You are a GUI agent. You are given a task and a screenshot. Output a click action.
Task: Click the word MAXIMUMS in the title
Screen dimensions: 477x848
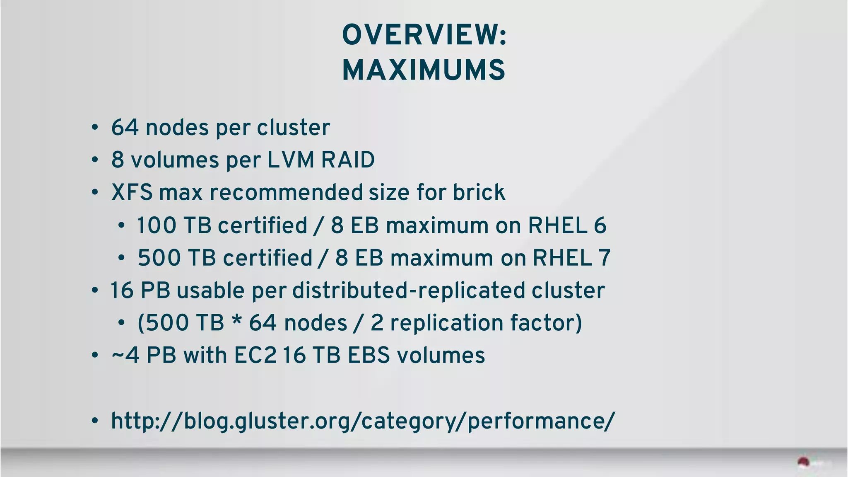[x=424, y=70]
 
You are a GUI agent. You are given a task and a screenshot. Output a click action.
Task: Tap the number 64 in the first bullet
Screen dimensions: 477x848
[x=125, y=127]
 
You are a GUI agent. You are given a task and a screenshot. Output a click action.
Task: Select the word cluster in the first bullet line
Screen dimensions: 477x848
[x=293, y=127]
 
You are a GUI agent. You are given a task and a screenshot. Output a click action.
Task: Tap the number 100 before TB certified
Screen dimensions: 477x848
[x=156, y=225]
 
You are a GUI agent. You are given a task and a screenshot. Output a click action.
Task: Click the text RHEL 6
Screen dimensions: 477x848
[x=567, y=225]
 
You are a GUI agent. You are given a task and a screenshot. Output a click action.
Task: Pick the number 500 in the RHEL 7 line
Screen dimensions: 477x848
[x=159, y=258]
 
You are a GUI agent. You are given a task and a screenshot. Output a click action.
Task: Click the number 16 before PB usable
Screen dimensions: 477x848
[x=121, y=290]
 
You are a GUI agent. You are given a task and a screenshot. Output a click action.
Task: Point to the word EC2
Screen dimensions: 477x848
[x=255, y=356]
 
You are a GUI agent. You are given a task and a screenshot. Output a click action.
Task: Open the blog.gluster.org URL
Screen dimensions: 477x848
[x=363, y=421]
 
